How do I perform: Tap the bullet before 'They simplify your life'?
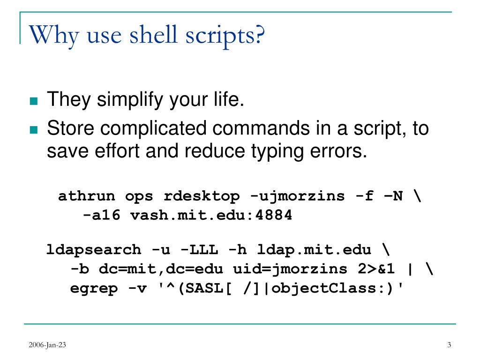(x=33, y=101)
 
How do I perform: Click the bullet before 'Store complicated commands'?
(x=33, y=129)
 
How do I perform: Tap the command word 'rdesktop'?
(x=201, y=195)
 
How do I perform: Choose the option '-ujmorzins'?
(x=297, y=195)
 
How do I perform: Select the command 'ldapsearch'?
(x=93, y=249)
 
